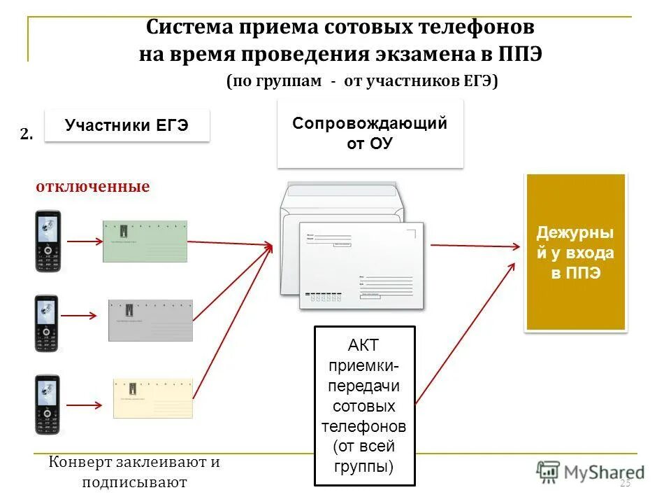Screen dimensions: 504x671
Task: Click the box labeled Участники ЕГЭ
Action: [127, 126]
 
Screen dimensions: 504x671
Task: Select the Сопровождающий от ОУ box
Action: [370, 134]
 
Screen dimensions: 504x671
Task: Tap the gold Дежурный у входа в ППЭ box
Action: [575, 252]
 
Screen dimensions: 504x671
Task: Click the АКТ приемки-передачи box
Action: [364, 405]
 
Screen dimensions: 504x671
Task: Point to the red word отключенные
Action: [93, 187]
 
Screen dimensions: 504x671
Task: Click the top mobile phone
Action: [48, 241]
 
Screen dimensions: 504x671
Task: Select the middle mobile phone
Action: [48, 323]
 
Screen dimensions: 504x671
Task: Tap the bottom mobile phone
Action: [48, 405]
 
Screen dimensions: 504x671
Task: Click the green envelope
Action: [145, 241]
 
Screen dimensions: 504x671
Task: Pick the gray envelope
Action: [150, 320]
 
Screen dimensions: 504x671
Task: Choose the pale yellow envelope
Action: [152, 398]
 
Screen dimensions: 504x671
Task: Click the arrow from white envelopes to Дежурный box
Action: [475, 246]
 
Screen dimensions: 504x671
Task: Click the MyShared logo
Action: [591, 472]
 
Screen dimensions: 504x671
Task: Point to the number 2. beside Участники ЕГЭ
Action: [27, 135]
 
